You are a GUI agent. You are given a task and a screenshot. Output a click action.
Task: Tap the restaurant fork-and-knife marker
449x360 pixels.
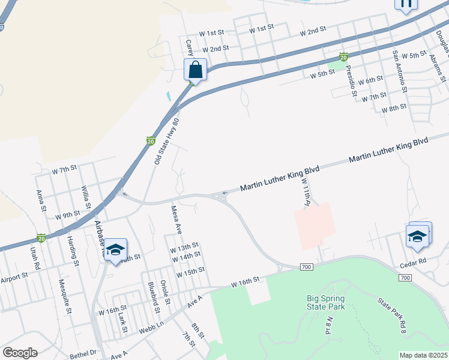406,4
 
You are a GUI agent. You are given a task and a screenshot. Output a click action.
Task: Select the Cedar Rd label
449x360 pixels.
413,262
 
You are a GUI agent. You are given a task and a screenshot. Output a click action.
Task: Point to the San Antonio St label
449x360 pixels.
399,70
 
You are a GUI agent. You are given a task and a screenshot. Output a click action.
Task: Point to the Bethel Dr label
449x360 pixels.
83,353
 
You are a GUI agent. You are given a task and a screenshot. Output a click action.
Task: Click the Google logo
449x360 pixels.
20,353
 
